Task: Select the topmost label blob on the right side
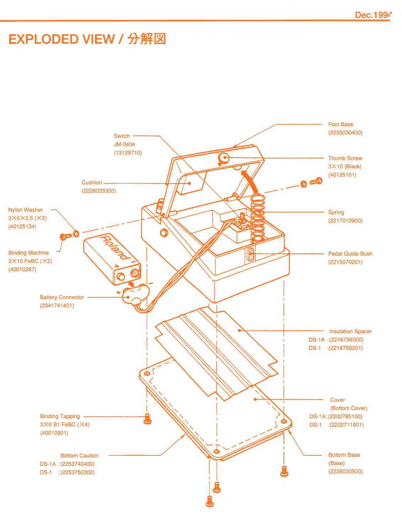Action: [x=344, y=128]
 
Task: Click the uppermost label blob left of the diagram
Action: [x=126, y=144]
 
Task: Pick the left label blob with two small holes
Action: [x=99, y=188]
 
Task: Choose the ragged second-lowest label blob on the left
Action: [x=64, y=423]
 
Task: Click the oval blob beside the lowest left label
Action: [x=123, y=456]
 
